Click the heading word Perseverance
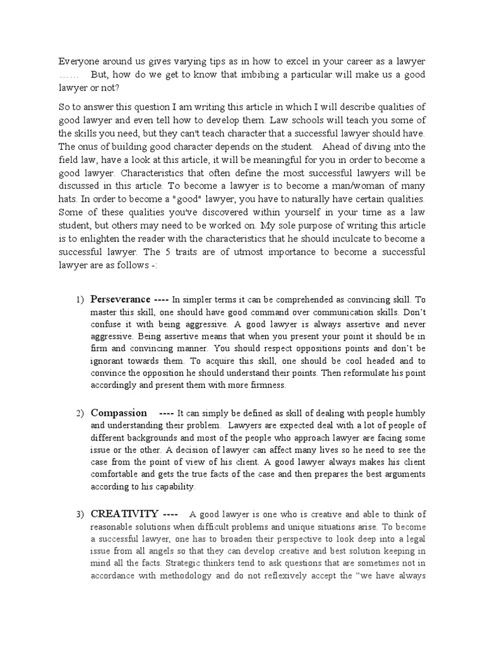coord(121,299)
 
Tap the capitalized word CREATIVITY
coord(124,512)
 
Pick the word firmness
coord(266,385)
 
